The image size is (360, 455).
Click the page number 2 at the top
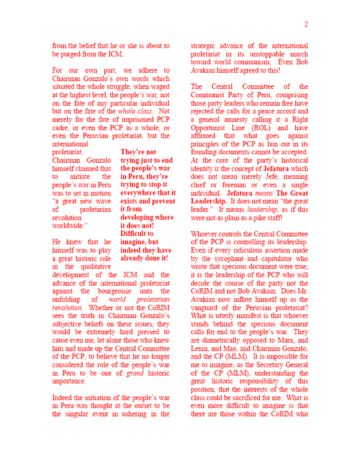click(305, 25)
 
